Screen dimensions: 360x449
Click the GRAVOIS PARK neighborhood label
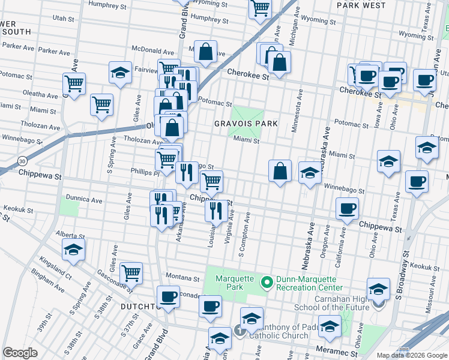pyautogui.click(x=246, y=124)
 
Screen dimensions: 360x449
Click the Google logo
pyautogui.click(x=20, y=353)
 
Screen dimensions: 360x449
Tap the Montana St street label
pyautogui.click(x=182, y=279)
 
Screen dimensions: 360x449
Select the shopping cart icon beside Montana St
pyautogui.click(x=131, y=273)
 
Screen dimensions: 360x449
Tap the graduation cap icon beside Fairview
pyautogui.click(x=120, y=73)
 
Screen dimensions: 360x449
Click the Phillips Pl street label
pyautogui.click(x=143, y=171)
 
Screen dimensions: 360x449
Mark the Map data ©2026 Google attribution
pyautogui.click(x=412, y=355)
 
